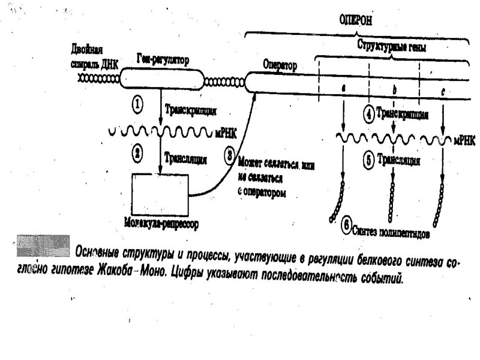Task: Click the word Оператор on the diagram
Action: click(280, 65)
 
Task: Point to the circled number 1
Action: click(137, 105)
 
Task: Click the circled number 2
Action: click(137, 153)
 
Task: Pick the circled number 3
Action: click(229, 154)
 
